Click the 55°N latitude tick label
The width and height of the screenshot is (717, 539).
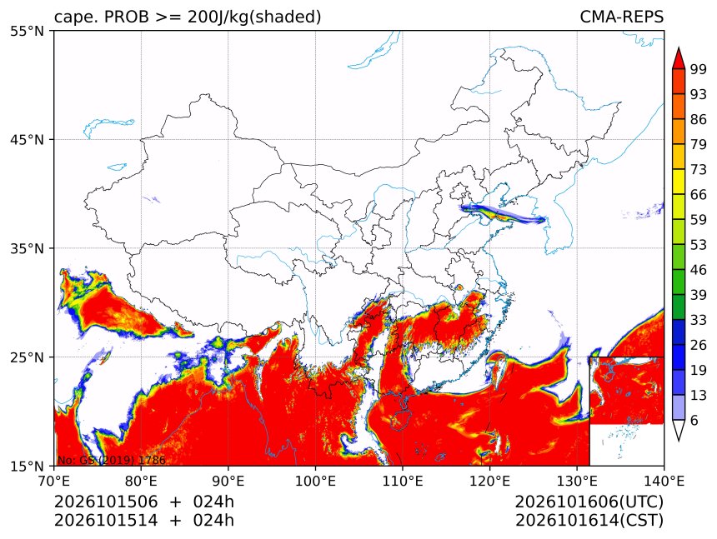click(27, 31)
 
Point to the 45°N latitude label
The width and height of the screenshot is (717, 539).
click(27, 139)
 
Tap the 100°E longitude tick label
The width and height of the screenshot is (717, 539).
click(315, 481)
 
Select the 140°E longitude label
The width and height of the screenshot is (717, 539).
click(664, 481)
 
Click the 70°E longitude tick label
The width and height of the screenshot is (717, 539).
click(54, 481)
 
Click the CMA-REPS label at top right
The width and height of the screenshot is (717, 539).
click(621, 17)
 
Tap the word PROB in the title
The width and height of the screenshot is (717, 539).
click(127, 17)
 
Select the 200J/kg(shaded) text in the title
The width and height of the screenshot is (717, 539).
click(253, 17)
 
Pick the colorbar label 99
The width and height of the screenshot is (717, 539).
click(699, 69)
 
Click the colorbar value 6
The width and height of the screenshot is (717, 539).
click(694, 420)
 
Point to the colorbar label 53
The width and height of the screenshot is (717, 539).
click(699, 245)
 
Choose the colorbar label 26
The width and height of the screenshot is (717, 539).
click(699, 345)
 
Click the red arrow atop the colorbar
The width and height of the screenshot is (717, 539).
click(679, 58)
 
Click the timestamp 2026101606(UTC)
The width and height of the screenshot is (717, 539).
click(589, 502)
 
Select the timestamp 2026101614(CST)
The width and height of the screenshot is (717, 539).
click(589, 521)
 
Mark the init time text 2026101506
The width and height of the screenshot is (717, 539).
click(106, 502)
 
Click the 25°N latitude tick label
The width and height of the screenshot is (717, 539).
click(27, 357)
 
